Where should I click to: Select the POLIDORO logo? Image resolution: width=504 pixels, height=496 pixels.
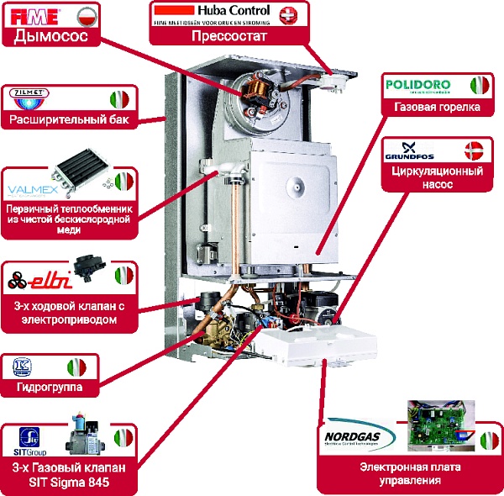pyautogui.click(x=417, y=86)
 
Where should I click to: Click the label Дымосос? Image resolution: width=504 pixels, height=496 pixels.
pyautogui.click(x=51, y=37)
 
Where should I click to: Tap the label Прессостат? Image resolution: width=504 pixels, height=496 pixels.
pyautogui.click(x=229, y=37)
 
